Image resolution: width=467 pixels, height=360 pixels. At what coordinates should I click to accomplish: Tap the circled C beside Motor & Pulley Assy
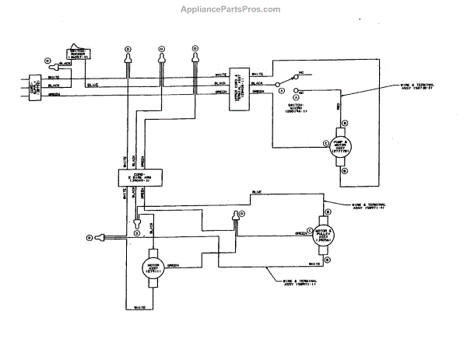coord(309,230)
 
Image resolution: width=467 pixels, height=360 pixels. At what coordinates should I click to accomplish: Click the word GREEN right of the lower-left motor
coord(172,265)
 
